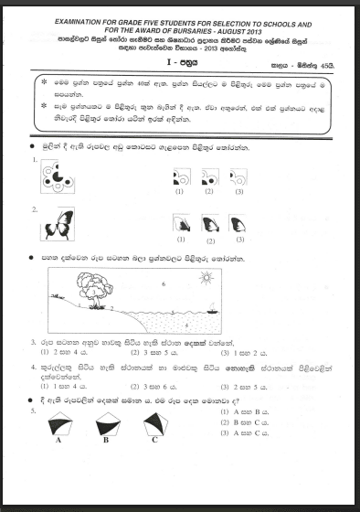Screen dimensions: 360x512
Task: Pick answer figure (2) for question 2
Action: pyautogui.click(x=209, y=224)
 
